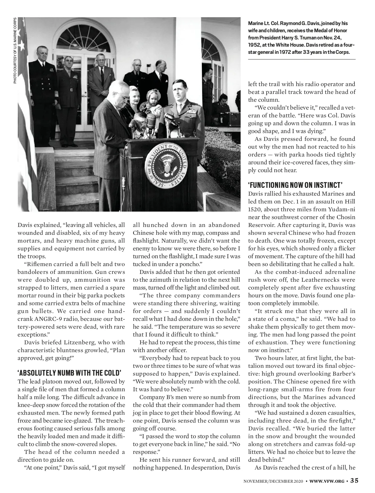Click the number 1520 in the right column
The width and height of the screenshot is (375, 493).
pos(255,209)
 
